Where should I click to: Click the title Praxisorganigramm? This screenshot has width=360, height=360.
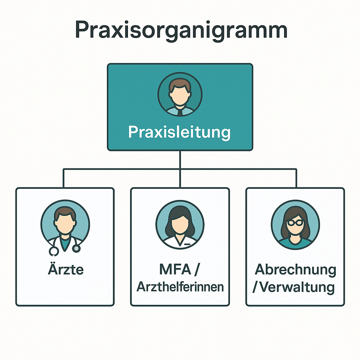(181, 31)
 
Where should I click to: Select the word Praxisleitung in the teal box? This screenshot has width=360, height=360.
(179, 133)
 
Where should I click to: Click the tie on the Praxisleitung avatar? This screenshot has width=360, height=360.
(180, 112)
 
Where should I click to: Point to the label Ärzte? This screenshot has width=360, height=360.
(65, 270)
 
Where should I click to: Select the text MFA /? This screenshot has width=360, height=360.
(180, 270)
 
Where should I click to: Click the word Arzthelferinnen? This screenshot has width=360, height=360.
(180, 287)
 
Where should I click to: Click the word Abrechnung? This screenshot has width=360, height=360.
(295, 270)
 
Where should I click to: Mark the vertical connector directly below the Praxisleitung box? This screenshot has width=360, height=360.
(180, 160)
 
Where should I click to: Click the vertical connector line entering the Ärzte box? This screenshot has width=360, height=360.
(64, 178)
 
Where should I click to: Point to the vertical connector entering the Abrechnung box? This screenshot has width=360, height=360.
(296, 178)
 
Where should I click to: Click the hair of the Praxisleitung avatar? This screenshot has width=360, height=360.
(180, 83)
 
